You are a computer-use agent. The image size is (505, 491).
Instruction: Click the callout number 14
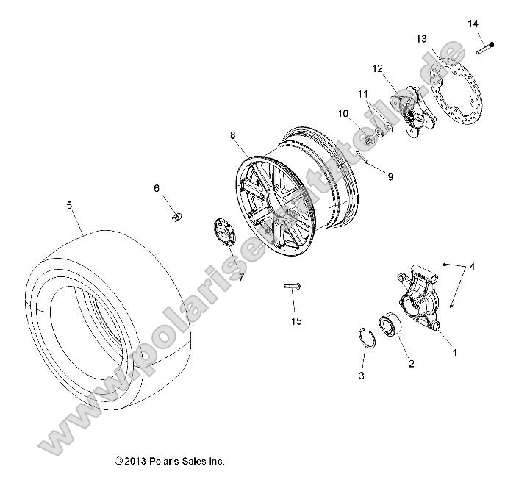[473, 24]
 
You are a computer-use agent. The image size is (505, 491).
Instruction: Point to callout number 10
[343, 113]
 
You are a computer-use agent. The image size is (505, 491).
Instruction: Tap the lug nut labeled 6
[176, 215]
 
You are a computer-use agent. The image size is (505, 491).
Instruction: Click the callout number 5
[70, 205]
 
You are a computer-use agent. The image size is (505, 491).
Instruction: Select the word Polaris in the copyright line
[167, 462]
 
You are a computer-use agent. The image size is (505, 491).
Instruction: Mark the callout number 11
[362, 94]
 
